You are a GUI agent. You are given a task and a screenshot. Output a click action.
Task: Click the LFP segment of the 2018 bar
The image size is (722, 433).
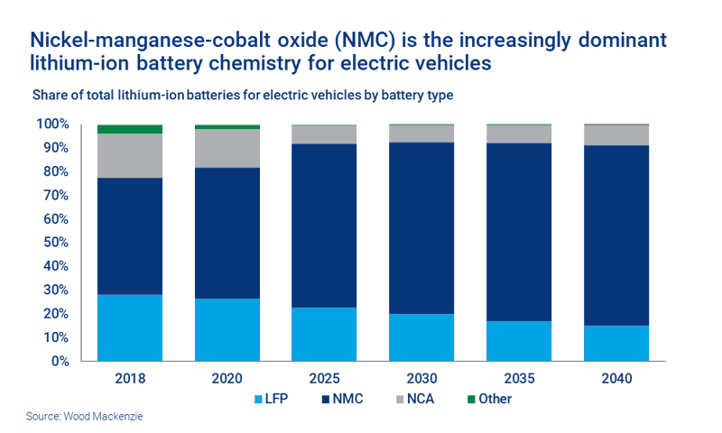click(130, 327)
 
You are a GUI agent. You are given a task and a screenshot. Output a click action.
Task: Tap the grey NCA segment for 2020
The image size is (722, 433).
click(227, 148)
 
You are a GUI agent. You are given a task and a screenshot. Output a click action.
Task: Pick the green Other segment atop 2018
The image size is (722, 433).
click(130, 129)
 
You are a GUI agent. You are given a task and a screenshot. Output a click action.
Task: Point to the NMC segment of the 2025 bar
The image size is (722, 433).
click(325, 226)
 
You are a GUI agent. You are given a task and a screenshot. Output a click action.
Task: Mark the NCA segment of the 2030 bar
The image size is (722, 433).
click(421, 134)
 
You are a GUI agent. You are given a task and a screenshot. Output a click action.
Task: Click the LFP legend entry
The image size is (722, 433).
click(274, 398)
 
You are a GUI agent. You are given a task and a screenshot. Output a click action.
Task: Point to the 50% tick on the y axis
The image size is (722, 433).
click(55, 243)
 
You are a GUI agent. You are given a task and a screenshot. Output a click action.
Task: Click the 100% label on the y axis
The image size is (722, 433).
click(52, 124)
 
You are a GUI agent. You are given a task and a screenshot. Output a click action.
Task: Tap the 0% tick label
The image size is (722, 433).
click(59, 362)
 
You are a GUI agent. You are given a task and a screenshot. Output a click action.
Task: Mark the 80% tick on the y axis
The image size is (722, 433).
click(55, 171)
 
